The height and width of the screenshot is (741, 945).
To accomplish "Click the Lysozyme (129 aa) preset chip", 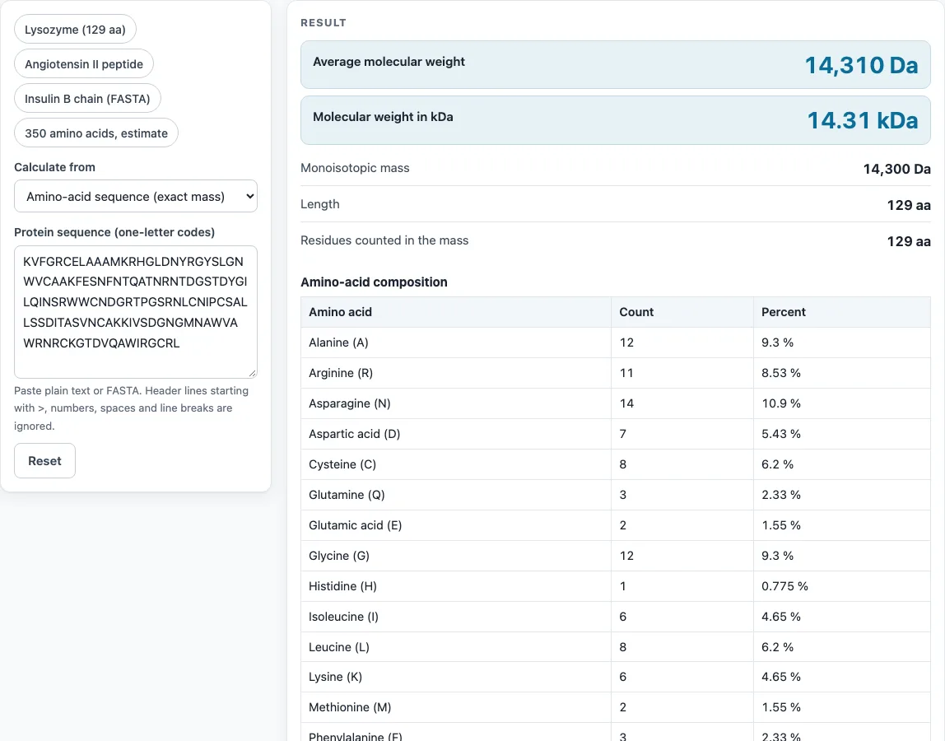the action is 76,30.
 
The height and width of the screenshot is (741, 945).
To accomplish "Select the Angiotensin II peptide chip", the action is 84,64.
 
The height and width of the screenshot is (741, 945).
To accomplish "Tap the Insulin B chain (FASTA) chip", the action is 87,99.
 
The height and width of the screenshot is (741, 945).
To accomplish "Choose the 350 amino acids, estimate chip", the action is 96,133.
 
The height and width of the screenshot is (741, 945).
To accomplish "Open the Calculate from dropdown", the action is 136,197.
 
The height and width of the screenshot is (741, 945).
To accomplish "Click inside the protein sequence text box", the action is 136,312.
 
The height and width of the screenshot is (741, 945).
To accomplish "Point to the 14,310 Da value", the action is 861,65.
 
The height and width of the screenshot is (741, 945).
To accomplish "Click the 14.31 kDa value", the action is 863,120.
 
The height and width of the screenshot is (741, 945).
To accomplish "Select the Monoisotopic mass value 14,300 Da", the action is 896,169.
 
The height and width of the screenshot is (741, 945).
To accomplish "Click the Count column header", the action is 636,312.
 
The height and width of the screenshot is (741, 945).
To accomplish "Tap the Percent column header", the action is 784,312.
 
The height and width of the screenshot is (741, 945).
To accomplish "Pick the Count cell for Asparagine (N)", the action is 626,403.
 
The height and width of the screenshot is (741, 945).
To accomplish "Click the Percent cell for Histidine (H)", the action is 784,586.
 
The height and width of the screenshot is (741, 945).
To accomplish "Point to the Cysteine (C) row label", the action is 342,464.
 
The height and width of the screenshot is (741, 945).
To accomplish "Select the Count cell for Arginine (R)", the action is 626,373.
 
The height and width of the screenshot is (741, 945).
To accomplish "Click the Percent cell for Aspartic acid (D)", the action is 781,434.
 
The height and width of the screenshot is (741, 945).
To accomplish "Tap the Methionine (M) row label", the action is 350,707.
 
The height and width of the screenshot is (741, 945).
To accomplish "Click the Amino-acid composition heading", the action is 374,282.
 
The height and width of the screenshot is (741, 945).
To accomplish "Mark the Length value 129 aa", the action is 909,206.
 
